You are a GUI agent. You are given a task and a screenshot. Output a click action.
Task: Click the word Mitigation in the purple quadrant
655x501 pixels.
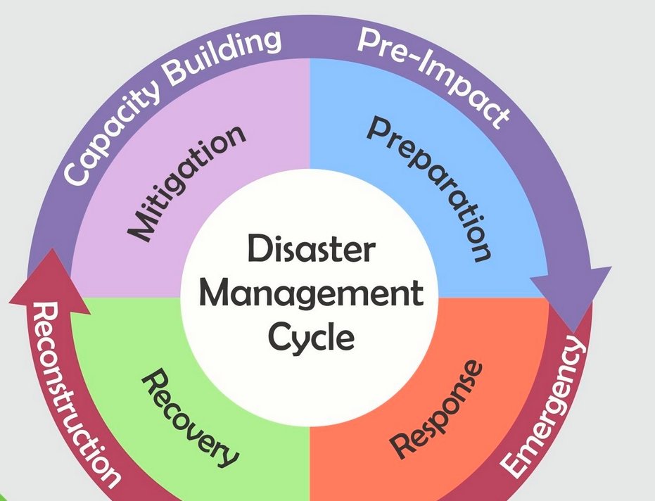[186, 184]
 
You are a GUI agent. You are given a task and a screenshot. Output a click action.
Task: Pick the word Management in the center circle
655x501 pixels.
[311, 294]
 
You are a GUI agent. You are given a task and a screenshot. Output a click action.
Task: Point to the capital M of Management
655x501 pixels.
[214, 294]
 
